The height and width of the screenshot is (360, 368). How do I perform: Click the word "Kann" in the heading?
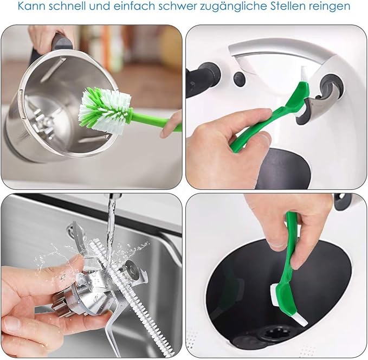point(31,7)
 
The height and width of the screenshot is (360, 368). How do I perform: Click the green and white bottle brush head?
point(105,108)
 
